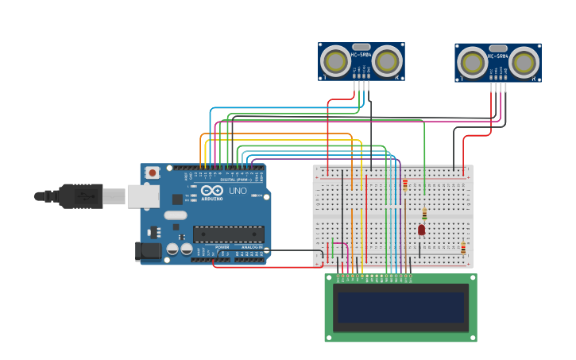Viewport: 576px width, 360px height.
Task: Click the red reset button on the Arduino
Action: click(x=152, y=172)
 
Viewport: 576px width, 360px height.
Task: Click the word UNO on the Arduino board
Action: click(x=238, y=191)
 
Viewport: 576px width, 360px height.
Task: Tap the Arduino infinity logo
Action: click(x=212, y=191)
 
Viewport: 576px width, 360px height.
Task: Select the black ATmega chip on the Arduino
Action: click(x=229, y=234)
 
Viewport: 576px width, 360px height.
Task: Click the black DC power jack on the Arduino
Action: click(x=147, y=251)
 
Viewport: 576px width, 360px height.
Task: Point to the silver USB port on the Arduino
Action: click(x=143, y=195)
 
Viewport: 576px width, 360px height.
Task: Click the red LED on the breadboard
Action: click(x=421, y=230)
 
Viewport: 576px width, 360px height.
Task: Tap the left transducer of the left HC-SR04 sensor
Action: click(x=336, y=61)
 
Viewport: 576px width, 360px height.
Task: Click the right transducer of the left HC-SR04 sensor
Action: click(x=387, y=61)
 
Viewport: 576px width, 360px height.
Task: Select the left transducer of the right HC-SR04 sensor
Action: click(x=473, y=63)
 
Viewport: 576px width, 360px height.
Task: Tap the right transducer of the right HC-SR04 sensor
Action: click(x=524, y=63)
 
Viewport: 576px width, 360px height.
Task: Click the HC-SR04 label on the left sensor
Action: click(x=361, y=55)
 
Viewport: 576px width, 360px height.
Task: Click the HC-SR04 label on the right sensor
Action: click(x=498, y=56)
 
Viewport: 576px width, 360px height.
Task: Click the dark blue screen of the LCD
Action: click(x=400, y=307)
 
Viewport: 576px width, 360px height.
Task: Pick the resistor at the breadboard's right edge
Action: click(x=463, y=248)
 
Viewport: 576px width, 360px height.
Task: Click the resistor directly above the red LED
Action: click(x=424, y=213)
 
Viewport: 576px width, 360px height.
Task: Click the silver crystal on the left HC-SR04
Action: click(x=361, y=47)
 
